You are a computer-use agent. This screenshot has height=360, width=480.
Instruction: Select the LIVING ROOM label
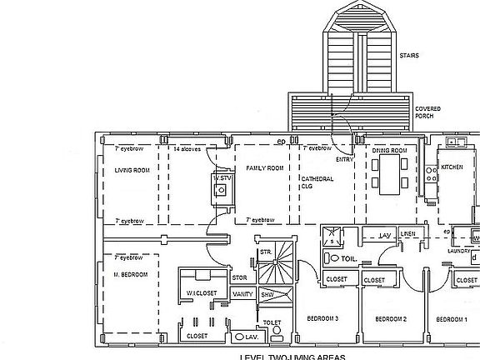click(131, 170)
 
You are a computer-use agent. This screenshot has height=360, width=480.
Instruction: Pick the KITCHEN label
click(452, 167)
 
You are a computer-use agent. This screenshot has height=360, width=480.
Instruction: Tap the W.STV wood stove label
click(221, 177)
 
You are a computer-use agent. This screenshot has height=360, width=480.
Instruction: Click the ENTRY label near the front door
click(344, 158)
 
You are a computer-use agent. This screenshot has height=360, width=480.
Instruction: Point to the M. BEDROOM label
click(130, 274)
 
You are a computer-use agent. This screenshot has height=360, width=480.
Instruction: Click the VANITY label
click(243, 294)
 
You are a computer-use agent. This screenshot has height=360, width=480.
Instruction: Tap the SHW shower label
click(267, 294)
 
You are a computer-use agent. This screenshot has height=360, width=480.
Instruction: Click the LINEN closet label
click(408, 235)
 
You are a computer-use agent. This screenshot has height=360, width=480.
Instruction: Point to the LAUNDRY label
click(460, 250)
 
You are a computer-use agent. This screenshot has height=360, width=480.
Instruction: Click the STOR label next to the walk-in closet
click(239, 277)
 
